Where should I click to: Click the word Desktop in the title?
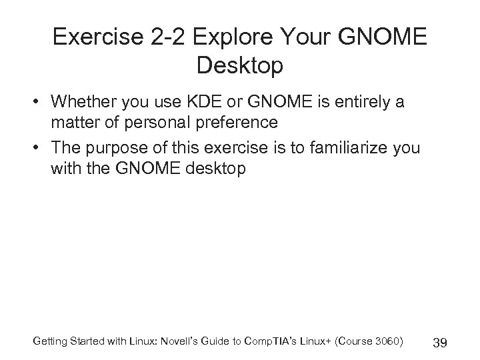coord(240,66)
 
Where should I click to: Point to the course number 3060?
coord(386,341)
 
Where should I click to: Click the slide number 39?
coord(439,343)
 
